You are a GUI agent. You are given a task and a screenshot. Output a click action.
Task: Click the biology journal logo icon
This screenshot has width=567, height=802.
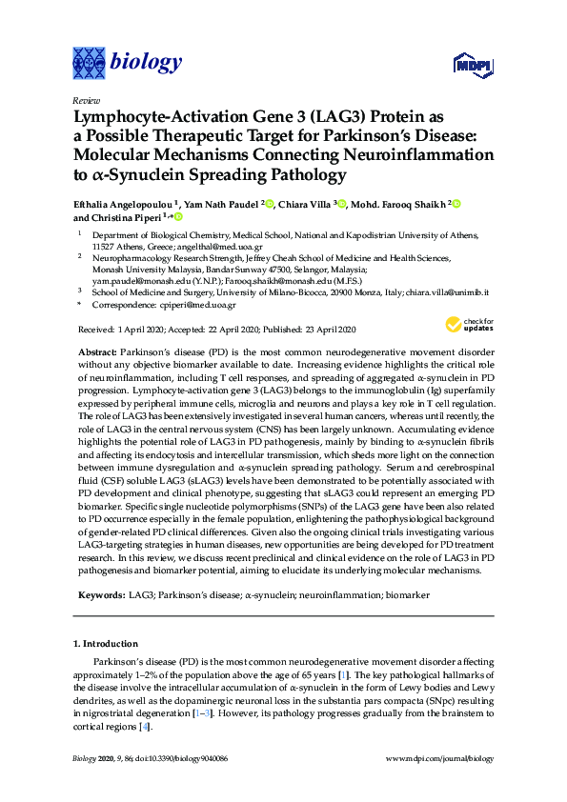[x=89, y=63]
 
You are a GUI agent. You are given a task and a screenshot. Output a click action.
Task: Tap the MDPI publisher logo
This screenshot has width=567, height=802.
[x=470, y=65]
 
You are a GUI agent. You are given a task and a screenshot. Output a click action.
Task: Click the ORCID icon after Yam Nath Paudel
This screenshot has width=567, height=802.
[x=270, y=204]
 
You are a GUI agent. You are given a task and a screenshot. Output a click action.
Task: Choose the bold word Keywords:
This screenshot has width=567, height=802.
[x=100, y=594]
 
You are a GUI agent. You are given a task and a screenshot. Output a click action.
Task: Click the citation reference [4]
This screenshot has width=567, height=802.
[x=145, y=728]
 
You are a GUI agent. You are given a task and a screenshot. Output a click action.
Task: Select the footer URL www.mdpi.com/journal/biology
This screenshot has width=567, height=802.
[x=438, y=759]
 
